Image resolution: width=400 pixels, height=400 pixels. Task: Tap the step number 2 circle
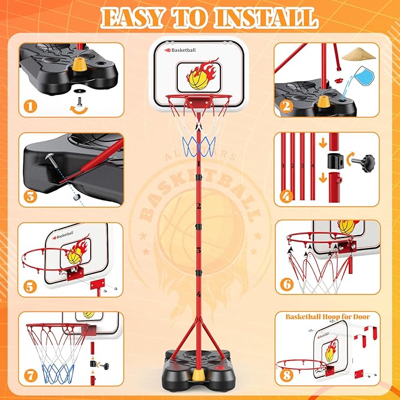pos(286,107)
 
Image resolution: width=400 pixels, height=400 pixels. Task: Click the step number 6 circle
pos(286,285)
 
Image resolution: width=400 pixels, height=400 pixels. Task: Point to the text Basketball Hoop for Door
pos(328,317)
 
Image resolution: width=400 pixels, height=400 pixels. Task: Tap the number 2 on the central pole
pos(200,206)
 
